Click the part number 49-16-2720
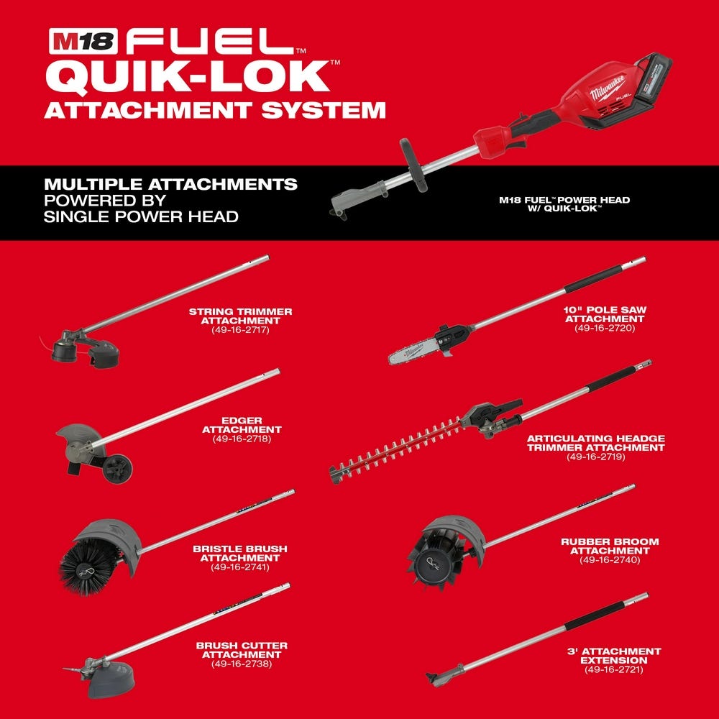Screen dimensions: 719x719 [605, 328]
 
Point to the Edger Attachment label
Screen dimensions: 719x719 [241, 424]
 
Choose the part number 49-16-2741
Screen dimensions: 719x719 [239, 567]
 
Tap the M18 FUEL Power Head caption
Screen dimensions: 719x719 [564, 204]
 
